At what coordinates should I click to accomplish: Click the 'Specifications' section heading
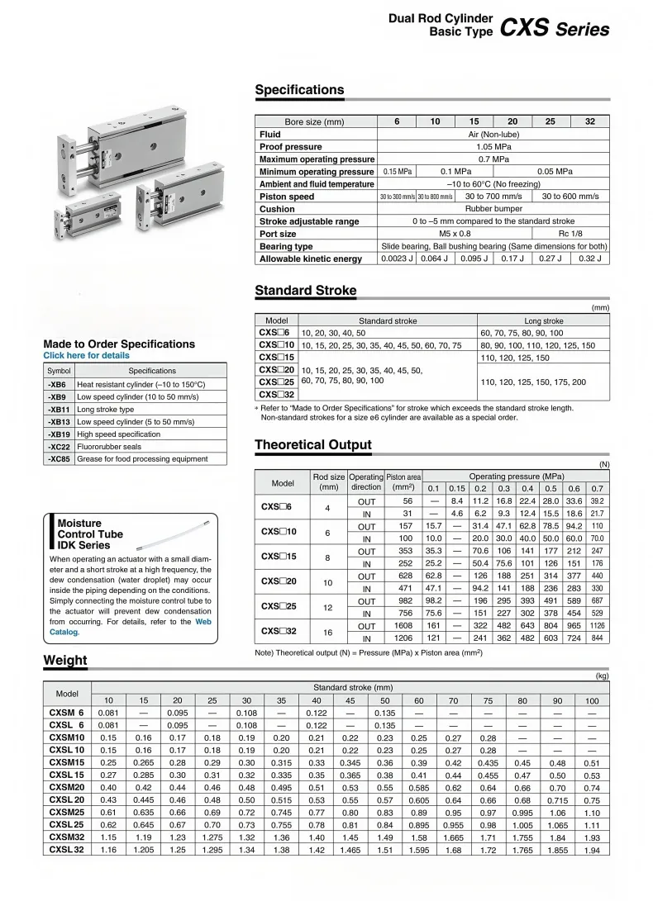click(x=299, y=90)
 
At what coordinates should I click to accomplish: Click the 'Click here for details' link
click(x=86, y=356)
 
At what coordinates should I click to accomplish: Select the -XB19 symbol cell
click(x=59, y=434)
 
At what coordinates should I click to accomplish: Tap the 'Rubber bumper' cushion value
click(x=493, y=209)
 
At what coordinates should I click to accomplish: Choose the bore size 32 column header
click(x=590, y=121)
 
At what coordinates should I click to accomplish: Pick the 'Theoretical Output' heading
click(x=313, y=445)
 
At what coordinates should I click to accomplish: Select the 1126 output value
click(x=597, y=626)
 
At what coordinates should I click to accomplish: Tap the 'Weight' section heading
click(x=65, y=661)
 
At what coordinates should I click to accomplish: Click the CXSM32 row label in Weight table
click(x=67, y=837)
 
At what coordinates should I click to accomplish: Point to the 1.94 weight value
click(x=592, y=849)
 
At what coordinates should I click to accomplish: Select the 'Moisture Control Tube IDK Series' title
click(x=90, y=534)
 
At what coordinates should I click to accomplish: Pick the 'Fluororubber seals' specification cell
click(x=108, y=447)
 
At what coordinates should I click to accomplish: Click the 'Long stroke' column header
click(x=543, y=320)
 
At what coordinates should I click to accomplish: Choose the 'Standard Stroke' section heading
click(x=306, y=291)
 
